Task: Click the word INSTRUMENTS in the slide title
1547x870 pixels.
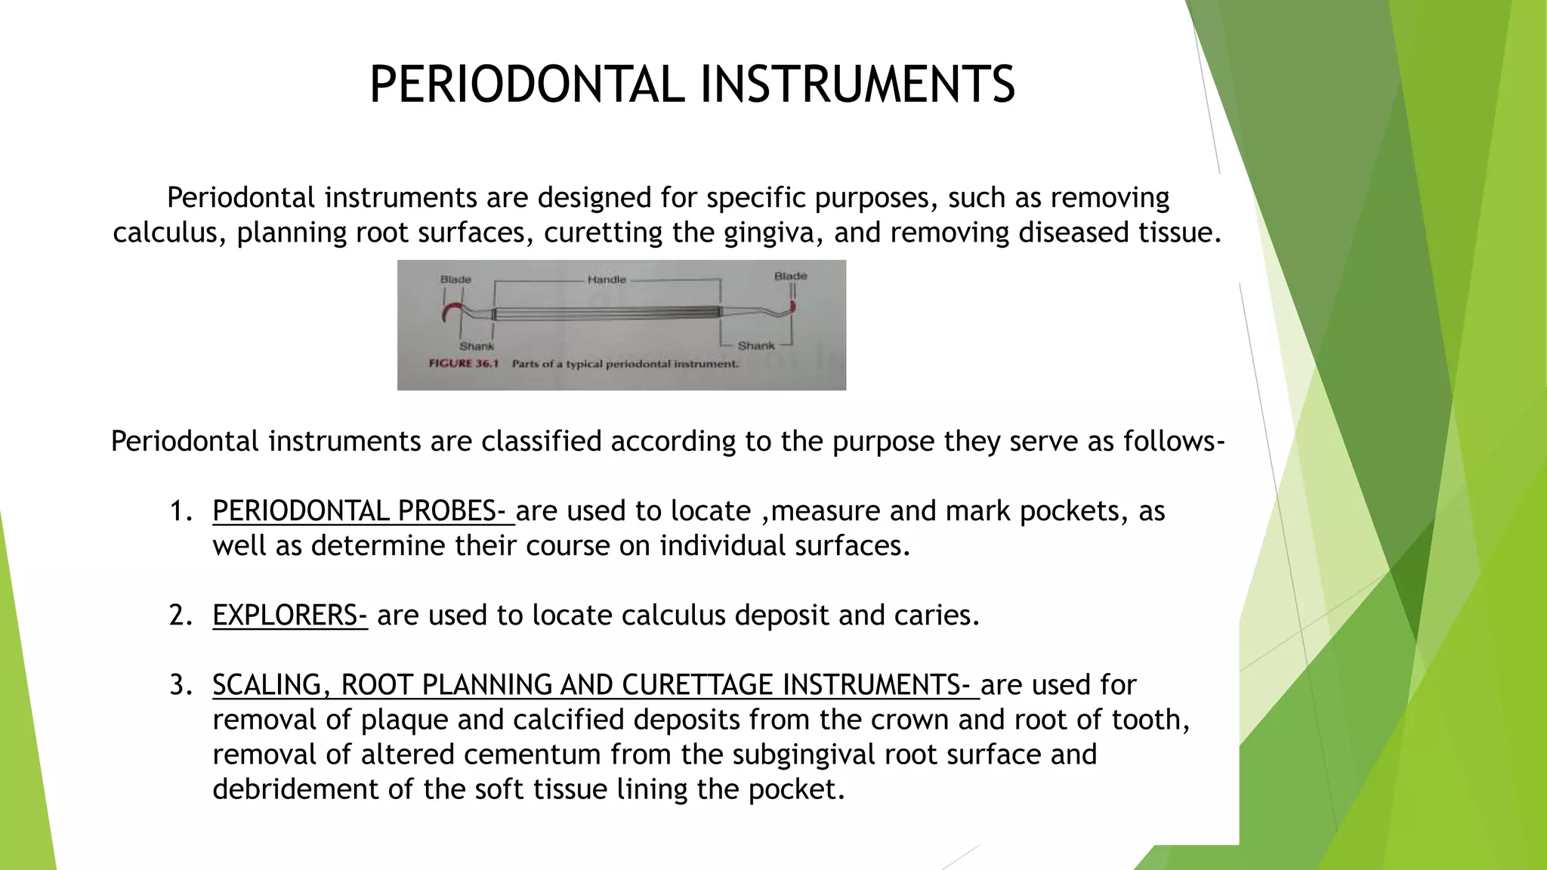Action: coord(857,84)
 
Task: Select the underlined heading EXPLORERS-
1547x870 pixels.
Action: coord(289,615)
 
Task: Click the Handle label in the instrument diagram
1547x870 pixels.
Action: coord(607,279)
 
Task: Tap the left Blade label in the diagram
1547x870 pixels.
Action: coord(455,279)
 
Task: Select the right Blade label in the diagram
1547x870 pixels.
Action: coord(790,276)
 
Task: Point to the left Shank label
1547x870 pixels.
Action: coord(477,346)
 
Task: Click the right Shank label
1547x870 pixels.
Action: coord(755,346)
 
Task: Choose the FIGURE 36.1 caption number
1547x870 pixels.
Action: coord(464,363)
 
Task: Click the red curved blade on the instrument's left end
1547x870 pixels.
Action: coord(451,309)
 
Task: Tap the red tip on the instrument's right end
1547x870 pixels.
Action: coord(792,307)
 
